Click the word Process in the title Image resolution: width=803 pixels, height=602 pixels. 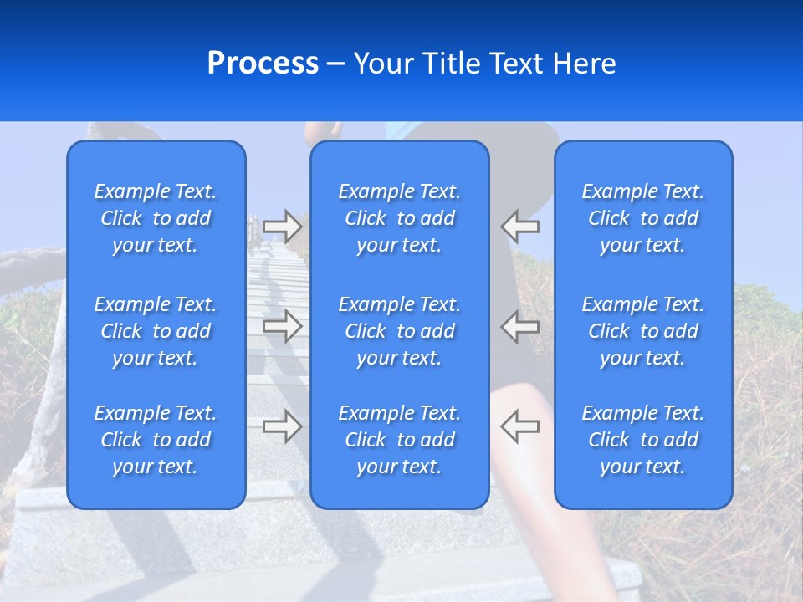coord(263,64)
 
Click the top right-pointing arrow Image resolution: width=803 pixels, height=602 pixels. coord(283,226)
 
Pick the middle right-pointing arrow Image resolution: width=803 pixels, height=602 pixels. coord(283,326)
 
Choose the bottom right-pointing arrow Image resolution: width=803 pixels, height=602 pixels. coord(283,426)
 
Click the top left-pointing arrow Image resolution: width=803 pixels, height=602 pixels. coord(519,226)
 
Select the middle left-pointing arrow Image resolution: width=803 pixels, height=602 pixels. coord(519,326)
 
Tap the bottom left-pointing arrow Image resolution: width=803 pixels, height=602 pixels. coord(519,426)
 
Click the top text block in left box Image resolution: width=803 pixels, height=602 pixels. coord(156,218)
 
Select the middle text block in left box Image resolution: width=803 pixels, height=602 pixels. coord(156,331)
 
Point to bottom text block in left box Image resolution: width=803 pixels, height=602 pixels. coord(156,440)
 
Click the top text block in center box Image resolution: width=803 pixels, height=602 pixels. coord(400,218)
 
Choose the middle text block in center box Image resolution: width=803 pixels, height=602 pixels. coord(400,331)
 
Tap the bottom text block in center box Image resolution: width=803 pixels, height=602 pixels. coord(400,440)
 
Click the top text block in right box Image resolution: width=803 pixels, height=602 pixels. coord(643,218)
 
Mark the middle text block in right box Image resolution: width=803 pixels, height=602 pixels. coord(643,331)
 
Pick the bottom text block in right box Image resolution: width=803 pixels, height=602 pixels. coord(643,440)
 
